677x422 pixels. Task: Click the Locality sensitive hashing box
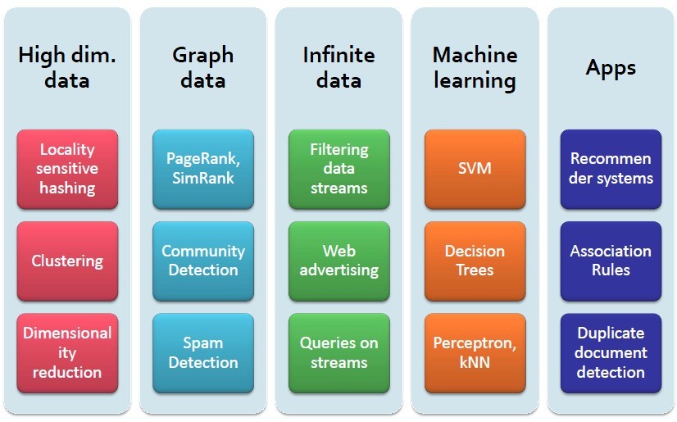[67, 169]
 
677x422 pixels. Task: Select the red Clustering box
[67, 261]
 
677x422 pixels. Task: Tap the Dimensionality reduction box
[67, 352]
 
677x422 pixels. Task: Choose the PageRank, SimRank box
[203, 169]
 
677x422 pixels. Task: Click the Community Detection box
[203, 261]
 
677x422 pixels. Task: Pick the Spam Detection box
[203, 352]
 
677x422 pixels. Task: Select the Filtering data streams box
[338, 169]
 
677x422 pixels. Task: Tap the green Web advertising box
[338, 261]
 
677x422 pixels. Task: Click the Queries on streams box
[338, 352]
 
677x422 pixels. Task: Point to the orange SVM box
[475, 169]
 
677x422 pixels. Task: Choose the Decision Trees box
[475, 261]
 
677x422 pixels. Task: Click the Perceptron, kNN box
[475, 352]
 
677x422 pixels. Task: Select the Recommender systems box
[611, 169]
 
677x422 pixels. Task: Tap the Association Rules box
[611, 261]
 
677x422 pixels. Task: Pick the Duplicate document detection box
[611, 352]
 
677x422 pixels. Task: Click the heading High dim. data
[67, 68]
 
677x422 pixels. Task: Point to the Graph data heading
[203, 68]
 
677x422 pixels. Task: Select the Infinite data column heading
[338, 68]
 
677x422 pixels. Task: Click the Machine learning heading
[475, 68]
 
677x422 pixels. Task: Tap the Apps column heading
[611, 67]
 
